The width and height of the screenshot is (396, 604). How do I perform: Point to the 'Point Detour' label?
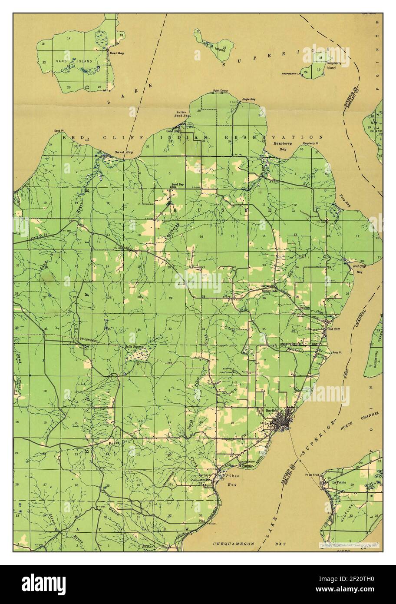tap(220, 91)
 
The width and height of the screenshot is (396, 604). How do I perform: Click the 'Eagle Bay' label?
tap(249, 99)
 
